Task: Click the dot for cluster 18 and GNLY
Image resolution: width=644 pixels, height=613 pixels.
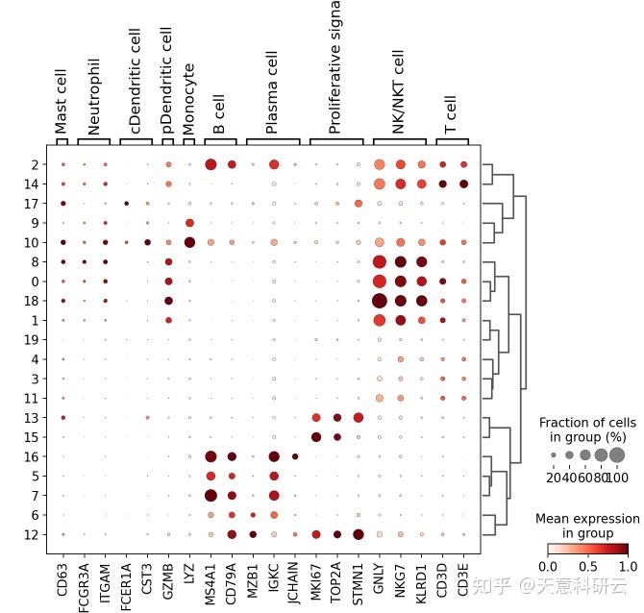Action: (x=380, y=301)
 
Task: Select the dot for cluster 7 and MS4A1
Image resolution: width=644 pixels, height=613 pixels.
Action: (x=211, y=495)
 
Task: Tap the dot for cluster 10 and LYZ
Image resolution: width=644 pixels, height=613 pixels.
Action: (x=189, y=242)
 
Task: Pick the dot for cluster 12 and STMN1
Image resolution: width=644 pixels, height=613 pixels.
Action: (x=359, y=534)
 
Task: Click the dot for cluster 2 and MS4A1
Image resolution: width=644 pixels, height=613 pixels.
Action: (x=211, y=164)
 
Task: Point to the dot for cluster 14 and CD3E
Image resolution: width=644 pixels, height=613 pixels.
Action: (x=463, y=184)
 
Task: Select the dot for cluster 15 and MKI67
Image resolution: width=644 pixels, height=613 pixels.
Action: (x=316, y=437)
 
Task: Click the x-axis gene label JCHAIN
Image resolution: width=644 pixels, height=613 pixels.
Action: (x=295, y=578)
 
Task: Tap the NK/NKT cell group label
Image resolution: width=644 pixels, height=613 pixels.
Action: (x=399, y=90)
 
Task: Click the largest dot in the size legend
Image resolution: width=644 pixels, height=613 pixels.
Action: (x=616, y=454)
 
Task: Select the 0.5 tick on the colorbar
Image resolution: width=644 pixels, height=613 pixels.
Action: (x=588, y=567)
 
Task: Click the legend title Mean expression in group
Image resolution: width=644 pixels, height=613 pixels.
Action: (x=587, y=526)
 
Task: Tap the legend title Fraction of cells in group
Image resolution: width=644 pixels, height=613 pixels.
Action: (x=587, y=429)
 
